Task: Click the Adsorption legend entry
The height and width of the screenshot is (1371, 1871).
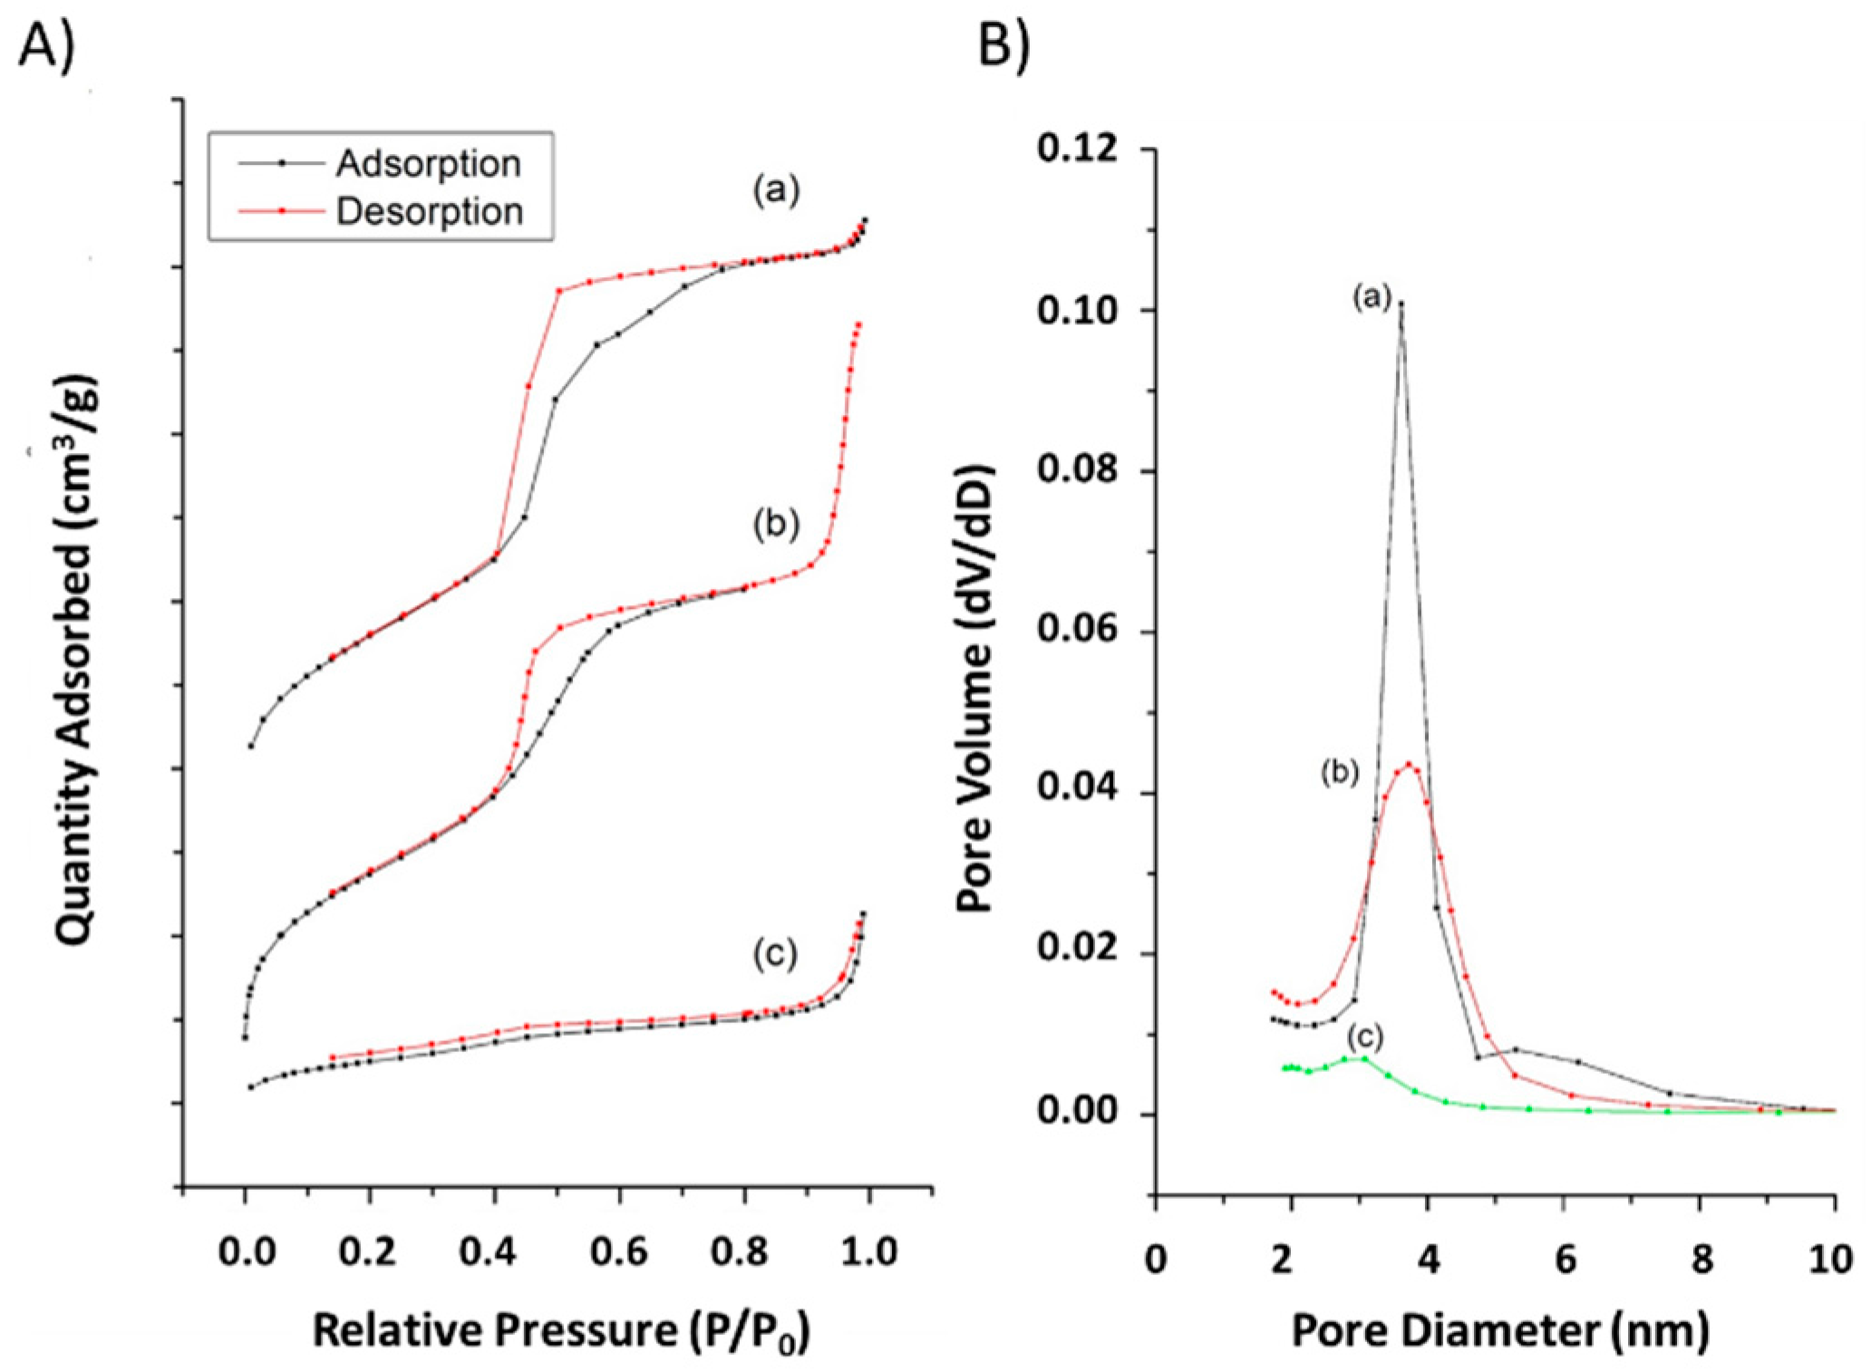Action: coord(427,164)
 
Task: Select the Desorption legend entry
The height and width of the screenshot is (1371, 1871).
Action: coord(429,212)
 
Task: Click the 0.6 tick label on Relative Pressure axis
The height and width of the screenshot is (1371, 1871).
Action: coord(621,1253)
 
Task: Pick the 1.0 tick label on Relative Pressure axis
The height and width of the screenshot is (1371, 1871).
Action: coord(869,1253)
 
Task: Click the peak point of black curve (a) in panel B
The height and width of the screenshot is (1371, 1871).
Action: coord(1401,304)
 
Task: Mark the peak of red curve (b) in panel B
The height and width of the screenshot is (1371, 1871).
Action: coord(1409,764)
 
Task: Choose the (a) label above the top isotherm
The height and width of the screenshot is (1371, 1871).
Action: coord(776,190)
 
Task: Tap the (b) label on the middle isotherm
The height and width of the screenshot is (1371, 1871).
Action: coord(776,525)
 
